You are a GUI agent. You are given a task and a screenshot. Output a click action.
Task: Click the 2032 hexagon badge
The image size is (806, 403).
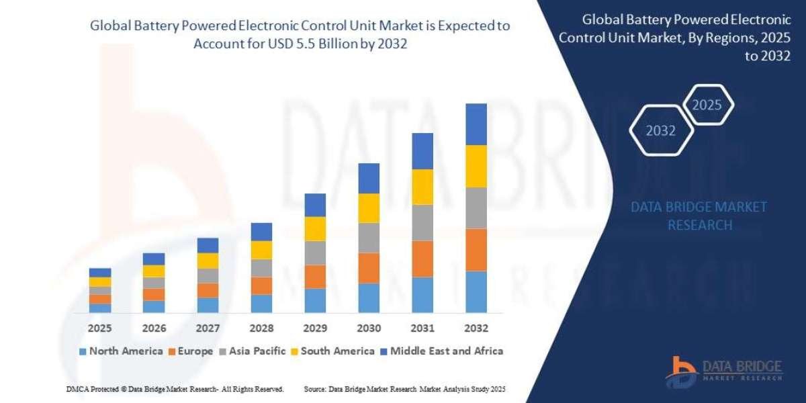coord(660,130)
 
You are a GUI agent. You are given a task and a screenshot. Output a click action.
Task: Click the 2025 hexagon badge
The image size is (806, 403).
coord(707,105)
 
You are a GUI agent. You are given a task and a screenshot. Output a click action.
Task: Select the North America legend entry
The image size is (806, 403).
coord(121,351)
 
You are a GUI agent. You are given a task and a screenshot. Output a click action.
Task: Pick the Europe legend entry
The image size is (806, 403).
coord(191,351)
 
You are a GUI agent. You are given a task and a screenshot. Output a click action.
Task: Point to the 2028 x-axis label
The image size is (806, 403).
coord(261,328)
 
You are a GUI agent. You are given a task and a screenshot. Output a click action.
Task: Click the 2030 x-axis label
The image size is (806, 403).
coord(369,328)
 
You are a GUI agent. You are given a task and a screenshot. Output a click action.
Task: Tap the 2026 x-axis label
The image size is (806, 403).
coord(154,328)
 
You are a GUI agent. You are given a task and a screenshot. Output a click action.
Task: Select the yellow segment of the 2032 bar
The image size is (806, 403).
coord(476,166)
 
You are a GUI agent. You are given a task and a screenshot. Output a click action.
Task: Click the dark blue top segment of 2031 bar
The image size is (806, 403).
coord(422,151)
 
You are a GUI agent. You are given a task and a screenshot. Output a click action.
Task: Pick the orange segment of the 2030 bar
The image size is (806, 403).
coord(369,268)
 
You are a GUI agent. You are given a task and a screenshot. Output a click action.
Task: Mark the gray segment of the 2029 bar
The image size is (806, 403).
coord(315,253)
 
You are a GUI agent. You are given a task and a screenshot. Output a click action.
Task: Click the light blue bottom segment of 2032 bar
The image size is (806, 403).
coord(476,292)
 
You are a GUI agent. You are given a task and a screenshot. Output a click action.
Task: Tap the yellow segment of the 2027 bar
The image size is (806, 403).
coord(208,261)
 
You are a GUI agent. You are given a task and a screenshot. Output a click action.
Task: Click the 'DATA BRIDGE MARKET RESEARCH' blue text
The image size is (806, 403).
coord(699,216)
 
